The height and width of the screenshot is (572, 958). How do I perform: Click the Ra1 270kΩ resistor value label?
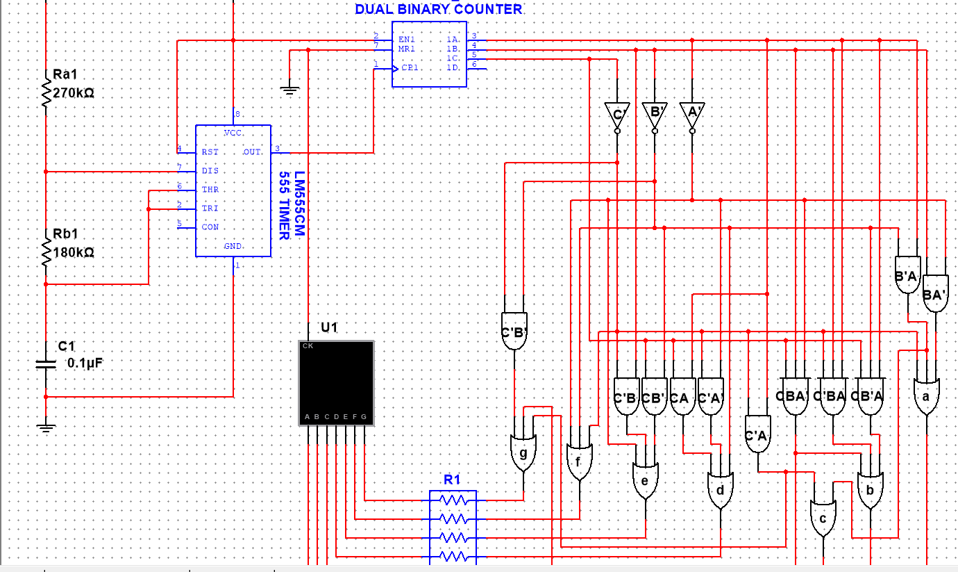coord(74,92)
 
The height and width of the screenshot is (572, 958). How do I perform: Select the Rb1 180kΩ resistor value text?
coord(74,252)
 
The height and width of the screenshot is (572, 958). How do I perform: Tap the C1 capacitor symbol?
coord(46,363)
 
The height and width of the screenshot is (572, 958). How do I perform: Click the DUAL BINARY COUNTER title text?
coord(438,9)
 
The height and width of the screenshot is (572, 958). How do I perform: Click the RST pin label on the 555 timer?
coord(210,152)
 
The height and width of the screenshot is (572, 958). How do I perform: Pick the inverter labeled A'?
coord(691,112)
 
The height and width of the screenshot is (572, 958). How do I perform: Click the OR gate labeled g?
coord(523,454)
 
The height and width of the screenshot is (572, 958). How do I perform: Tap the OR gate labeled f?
coord(579,461)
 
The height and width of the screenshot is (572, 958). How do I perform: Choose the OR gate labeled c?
coord(823,518)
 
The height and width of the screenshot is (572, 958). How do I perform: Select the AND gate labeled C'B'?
coord(514,331)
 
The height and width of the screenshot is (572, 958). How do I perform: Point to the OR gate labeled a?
coord(926,397)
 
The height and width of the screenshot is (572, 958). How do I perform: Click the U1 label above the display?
coord(329,327)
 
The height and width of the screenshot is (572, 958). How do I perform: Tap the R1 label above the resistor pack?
coord(452,480)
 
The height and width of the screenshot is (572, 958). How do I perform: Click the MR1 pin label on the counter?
coord(407,49)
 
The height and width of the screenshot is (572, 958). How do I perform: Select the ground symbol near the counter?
coord(290,89)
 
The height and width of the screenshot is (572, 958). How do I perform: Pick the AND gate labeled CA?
coord(682,398)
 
